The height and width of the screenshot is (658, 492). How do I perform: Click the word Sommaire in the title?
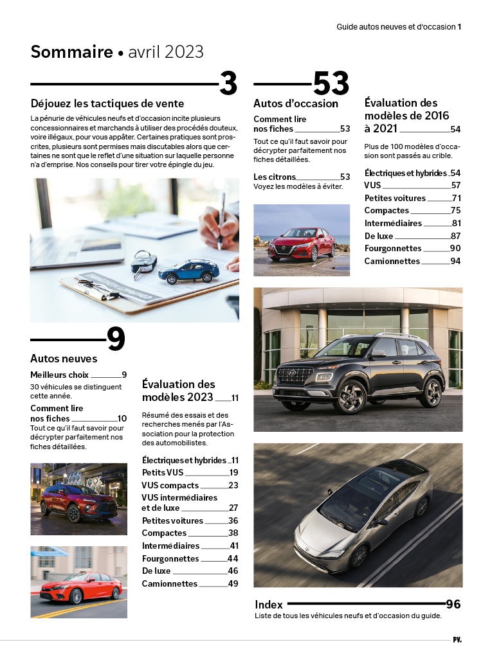(71, 52)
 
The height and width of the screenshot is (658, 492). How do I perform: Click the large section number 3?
(228, 84)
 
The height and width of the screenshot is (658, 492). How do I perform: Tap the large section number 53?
(331, 84)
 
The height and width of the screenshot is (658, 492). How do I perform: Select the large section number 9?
(116, 339)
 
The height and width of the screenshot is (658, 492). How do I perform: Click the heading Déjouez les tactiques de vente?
(107, 103)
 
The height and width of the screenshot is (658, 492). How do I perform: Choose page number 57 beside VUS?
(455, 186)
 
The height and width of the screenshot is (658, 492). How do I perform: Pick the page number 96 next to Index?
(453, 604)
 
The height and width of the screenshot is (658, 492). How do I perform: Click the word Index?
(269, 605)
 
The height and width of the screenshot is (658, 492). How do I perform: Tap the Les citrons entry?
(275, 177)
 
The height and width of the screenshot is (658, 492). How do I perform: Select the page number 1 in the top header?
(460, 27)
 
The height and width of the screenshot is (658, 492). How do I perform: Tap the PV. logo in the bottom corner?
(457, 639)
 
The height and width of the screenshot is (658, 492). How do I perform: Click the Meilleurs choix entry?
(59, 375)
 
